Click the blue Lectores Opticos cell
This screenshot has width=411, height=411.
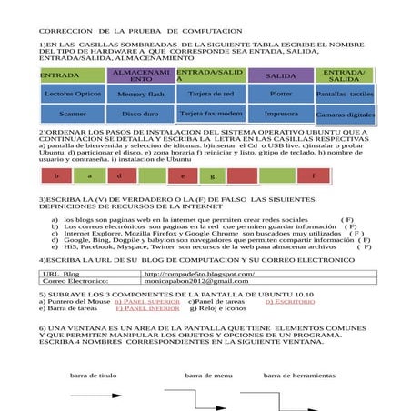point(73,94)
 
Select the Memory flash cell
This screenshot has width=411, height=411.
point(141,94)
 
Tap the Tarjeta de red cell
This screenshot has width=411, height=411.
point(210,93)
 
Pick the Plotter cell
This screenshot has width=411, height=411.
point(281,93)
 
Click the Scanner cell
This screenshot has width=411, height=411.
point(73,115)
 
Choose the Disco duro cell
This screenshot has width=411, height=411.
point(141,115)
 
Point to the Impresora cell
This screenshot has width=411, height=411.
point(281,114)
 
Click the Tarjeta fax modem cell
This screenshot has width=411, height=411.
point(211,114)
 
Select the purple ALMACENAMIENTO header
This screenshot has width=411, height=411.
point(141,75)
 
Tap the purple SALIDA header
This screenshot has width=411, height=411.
point(281,75)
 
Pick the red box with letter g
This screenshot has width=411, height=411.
point(212,175)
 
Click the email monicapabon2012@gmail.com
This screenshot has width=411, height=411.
point(195,282)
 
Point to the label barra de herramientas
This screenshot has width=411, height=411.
point(299,375)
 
